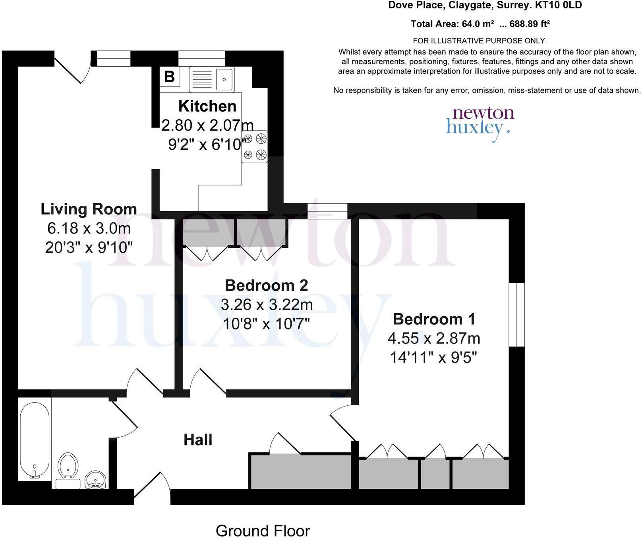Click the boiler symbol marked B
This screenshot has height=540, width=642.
pos(169,76)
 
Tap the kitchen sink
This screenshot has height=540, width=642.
pos(212,79)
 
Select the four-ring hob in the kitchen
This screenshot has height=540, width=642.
pos(255,147)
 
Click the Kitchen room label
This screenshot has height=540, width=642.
pos(207,106)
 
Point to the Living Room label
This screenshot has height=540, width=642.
pos(89,209)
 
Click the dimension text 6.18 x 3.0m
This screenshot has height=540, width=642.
pos(89,228)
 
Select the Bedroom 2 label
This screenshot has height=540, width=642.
pos(266,285)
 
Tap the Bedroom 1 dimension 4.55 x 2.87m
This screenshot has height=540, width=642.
pos(434,338)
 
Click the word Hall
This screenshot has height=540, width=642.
pos(198,440)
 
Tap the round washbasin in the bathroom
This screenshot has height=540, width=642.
pos(95,480)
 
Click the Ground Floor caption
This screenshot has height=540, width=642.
pos(263,530)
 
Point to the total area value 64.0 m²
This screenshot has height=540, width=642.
pos(478,24)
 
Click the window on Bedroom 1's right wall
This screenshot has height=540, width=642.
pos(517,314)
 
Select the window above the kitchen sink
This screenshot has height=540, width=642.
pos(201,58)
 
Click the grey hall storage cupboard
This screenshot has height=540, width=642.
pos(300,472)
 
